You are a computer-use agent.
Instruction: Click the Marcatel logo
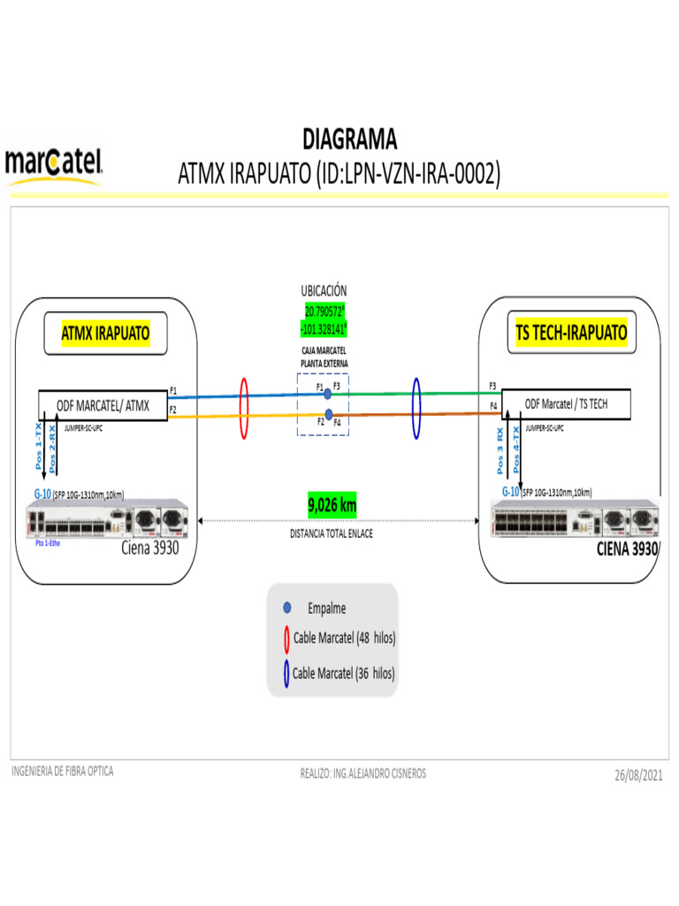(55, 165)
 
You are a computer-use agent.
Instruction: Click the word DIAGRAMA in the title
(349, 140)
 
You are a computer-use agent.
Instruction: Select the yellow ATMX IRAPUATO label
(105, 334)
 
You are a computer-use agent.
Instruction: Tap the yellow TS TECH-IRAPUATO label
(571, 333)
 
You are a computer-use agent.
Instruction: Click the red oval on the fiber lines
(245, 408)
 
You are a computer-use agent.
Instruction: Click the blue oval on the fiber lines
(416, 408)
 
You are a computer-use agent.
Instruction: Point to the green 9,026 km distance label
(332, 505)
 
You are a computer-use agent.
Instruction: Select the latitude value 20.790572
(324, 311)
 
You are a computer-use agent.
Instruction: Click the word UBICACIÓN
(324, 290)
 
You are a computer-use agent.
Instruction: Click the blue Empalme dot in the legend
(286, 608)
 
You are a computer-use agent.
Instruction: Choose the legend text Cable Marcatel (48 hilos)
(344, 638)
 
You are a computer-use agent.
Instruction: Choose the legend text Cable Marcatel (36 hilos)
(344, 673)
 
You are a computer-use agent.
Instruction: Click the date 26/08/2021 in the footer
(638, 775)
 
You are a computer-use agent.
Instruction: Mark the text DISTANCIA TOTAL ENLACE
(332, 534)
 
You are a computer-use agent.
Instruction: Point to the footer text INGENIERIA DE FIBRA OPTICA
(62, 772)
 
